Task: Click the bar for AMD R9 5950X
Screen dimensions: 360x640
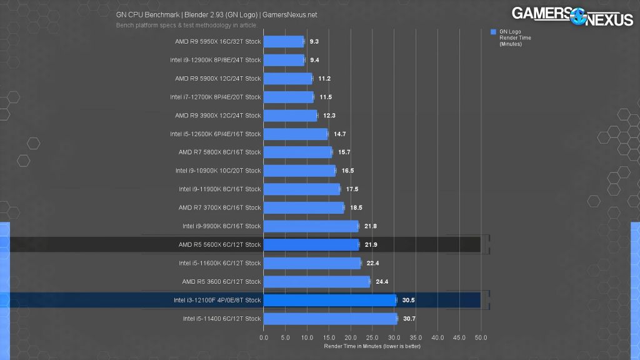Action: [283, 42]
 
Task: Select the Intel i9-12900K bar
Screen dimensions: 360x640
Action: [284, 60]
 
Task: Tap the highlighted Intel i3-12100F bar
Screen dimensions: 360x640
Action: [329, 300]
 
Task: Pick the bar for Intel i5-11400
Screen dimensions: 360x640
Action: [330, 319]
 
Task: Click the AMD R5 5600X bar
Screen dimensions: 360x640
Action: [311, 244]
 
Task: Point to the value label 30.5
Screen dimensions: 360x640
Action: [409, 300]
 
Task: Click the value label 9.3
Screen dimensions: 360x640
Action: [314, 42]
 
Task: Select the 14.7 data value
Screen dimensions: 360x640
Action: [339, 134]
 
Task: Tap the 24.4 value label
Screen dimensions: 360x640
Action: [382, 282]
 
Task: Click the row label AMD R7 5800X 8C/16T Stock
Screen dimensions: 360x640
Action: [219, 152]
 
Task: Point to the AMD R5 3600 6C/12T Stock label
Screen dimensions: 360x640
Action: [221, 282]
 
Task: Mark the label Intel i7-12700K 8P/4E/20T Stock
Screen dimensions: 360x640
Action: [215, 97]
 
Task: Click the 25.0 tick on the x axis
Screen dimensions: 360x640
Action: [372, 337]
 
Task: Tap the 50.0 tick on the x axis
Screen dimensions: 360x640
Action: [481, 337]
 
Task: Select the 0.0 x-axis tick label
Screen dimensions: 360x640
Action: [264, 337]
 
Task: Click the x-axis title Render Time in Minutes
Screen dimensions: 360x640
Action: [372, 346]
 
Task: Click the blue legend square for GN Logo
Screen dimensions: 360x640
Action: [494, 31]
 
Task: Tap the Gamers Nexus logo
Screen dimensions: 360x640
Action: [572, 16]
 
